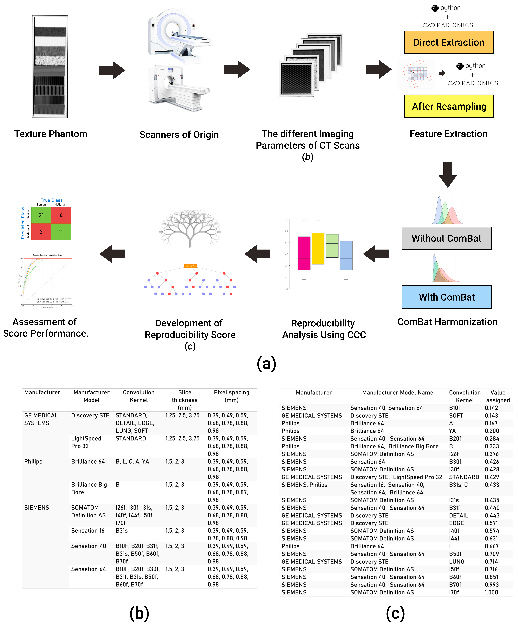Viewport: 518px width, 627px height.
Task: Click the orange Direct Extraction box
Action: [x=448, y=42]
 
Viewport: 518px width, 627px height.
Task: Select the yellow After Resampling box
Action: [x=448, y=106]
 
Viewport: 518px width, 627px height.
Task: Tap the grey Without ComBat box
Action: [x=446, y=238]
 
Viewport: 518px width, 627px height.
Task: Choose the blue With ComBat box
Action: [x=446, y=297]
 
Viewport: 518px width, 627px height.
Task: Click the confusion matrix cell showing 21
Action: [x=41, y=215]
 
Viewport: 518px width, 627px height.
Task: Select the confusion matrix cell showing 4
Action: [x=61, y=215]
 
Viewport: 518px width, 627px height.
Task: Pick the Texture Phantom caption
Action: [x=51, y=134]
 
